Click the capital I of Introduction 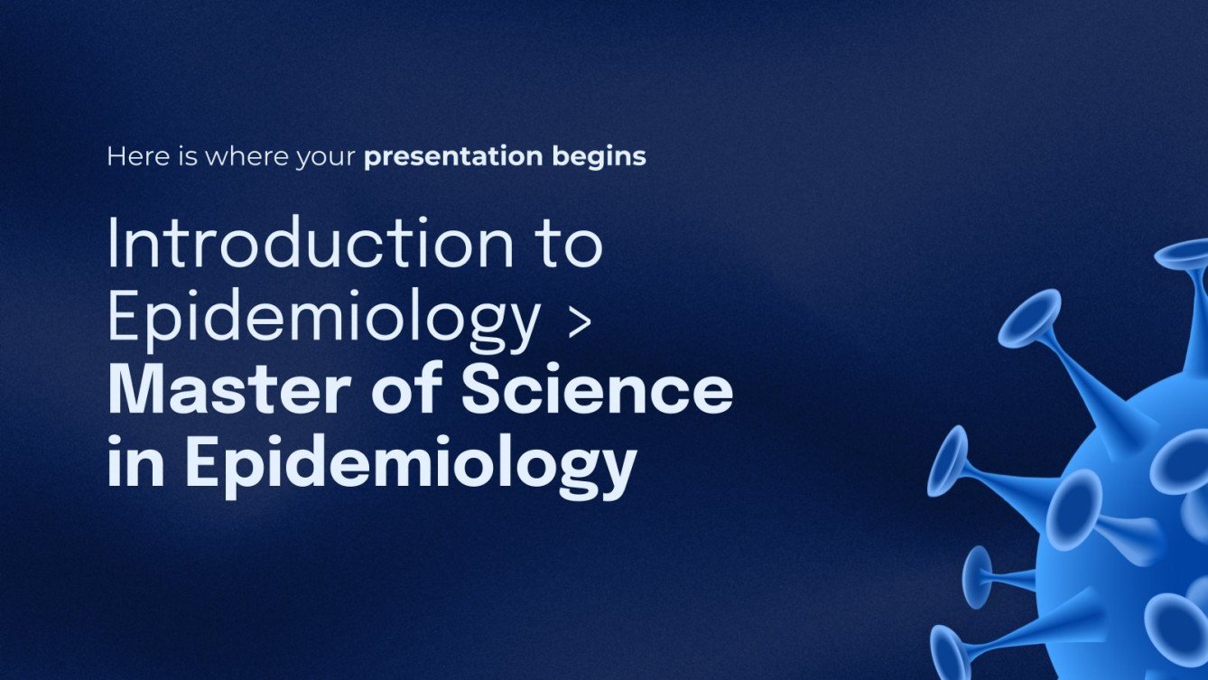(x=113, y=244)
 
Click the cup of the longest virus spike (x=1029, y=319)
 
